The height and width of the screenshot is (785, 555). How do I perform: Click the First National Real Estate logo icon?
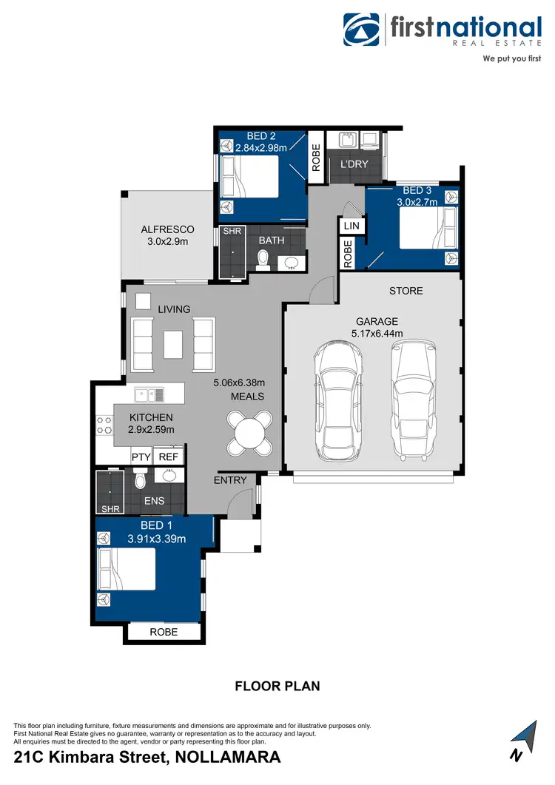(x=361, y=30)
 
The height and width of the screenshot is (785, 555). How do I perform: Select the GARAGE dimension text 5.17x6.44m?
(x=377, y=334)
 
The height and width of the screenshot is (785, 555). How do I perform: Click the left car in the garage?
(x=337, y=401)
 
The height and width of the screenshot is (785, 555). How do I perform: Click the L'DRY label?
(x=353, y=164)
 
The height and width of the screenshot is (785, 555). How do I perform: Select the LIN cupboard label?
(x=351, y=225)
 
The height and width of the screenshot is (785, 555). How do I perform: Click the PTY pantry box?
(x=141, y=457)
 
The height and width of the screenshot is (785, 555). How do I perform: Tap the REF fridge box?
(x=169, y=457)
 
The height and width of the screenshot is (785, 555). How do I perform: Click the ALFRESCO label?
(x=167, y=229)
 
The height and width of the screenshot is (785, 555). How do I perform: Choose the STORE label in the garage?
(x=406, y=291)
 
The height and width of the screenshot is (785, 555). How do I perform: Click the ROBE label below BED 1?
(x=164, y=633)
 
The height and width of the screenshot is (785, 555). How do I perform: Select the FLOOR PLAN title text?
(x=277, y=686)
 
